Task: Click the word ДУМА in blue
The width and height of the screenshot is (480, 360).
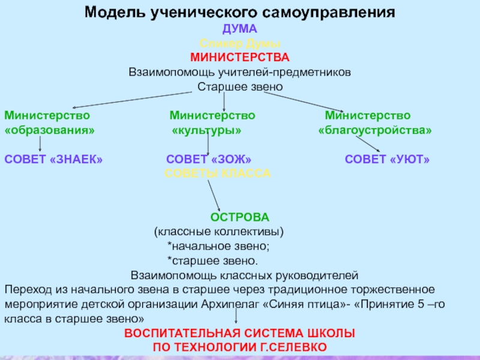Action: pos(240,29)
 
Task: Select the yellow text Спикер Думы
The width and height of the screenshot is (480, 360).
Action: pos(240,43)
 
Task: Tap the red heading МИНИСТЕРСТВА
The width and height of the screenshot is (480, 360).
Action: pos(240,58)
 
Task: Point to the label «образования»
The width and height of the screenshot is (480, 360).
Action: pos(49,130)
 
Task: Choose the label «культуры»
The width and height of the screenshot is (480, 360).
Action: pos(207,130)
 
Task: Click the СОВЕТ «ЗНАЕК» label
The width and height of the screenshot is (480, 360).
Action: pos(53,159)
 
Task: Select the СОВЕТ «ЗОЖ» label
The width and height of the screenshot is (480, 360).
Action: pos(208,159)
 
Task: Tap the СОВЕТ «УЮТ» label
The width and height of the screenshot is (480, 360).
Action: pos(388,159)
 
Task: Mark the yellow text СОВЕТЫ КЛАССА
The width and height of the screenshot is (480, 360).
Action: pos(218,173)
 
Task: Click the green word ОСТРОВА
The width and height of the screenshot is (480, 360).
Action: pos(239,217)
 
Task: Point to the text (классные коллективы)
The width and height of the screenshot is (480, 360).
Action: pos(219,231)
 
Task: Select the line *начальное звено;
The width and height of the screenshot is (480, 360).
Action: pos(218,246)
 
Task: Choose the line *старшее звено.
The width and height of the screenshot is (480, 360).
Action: pos(213,261)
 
